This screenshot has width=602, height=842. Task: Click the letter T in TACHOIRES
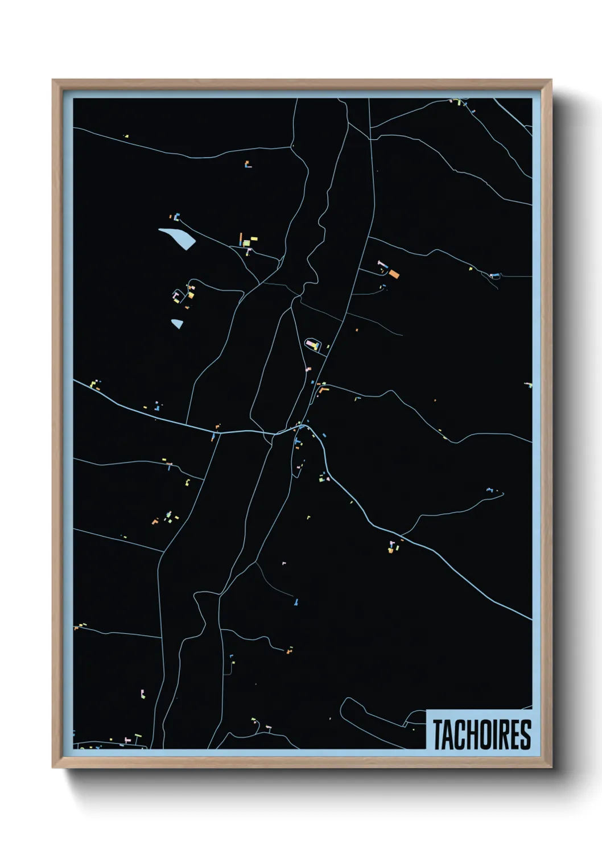tap(439, 734)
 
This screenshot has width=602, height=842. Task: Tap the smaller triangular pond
tap(177, 324)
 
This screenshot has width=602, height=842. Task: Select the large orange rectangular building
tap(394, 274)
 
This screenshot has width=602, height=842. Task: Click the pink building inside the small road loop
tap(311, 343)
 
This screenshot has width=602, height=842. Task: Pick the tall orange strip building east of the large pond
tap(241, 238)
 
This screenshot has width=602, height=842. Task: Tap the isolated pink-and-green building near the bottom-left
tap(142, 694)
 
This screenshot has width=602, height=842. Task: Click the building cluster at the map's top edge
tap(459, 102)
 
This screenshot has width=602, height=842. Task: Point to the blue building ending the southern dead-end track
tap(296, 602)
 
